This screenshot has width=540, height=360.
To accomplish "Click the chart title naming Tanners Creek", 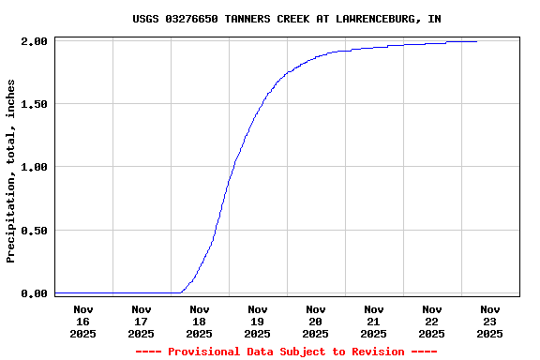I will click(x=286, y=19).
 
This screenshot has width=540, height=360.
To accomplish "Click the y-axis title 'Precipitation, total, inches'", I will click(x=11, y=171).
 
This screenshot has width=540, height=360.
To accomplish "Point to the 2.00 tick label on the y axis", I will click(x=34, y=41).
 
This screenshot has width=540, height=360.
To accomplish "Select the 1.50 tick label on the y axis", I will click(x=34, y=104).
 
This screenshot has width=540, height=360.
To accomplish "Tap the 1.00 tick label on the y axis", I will click(x=34, y=167).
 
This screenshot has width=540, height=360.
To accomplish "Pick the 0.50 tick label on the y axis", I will click(x=34, y=231).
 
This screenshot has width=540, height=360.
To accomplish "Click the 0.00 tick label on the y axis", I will click(x=34, y=293).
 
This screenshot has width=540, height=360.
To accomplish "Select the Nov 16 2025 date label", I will click(x=82, y=322).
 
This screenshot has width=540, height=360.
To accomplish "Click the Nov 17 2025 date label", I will click(x=141, y=322).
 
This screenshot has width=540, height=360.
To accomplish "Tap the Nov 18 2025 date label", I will click(x=199, y=322).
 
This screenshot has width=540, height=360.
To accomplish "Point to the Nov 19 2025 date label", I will click(x=257, y=322).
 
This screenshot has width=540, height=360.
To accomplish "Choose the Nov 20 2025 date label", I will click(x=315, y=322).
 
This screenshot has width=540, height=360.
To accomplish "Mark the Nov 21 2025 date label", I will click(x=373, y=322).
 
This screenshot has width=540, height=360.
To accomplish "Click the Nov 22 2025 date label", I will click(x=431, y=322).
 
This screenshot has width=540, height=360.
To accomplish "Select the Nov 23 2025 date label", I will click(x=489, y=322).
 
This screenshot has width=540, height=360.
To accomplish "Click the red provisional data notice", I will click(x=286, y=352).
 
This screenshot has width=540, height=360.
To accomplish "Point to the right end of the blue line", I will click(x=476, y=41).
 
